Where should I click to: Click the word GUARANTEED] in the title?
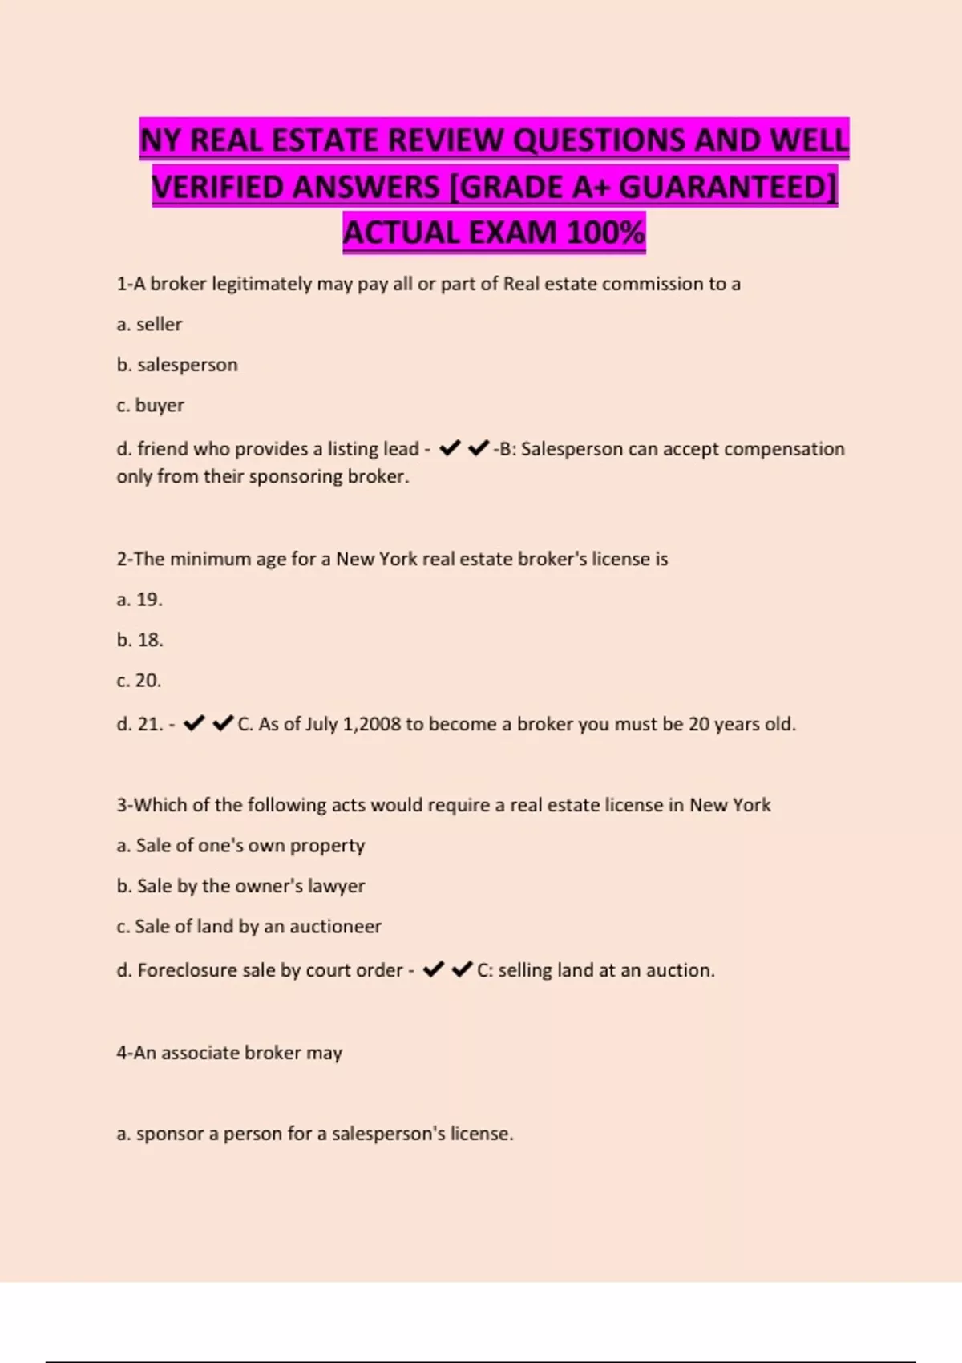[x=728, y=187]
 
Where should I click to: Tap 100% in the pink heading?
[x=605, y=233]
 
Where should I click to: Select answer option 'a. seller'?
[x=149, y=325]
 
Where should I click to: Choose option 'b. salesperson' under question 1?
[x=177, y=365]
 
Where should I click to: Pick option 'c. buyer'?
[x=150, y=406]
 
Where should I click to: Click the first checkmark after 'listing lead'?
[x=450, y=448]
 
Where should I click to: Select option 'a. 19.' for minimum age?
[x=139, y=600]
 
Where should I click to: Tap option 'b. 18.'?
[x=139, y=640]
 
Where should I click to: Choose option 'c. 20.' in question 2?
[x=139, y=681]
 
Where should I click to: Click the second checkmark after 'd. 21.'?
[x=223, y=723]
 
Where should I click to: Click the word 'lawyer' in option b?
[x=340, y=886]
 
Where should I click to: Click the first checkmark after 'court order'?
[x=433, y=969]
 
